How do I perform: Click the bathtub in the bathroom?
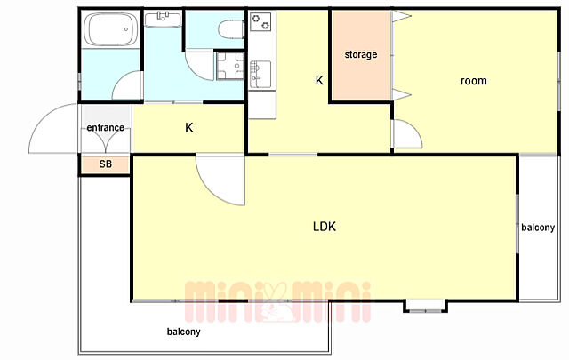(x=110, y=29)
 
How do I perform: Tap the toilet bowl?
(x=231, y=29)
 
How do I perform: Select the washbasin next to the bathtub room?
(x=163, y=19)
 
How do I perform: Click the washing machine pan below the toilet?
(x=230, y=66)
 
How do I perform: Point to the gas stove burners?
(x=261, y=21)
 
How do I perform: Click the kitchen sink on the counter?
(x=260, y=75)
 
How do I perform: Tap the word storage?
(x=361, y=55)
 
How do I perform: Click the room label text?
(x=474, y=81)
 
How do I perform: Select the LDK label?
(x=325, y=227)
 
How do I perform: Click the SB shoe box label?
(x=106, y=164)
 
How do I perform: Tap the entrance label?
(x=106, y=127)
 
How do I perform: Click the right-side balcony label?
(x=538, y=228)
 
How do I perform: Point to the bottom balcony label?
(x=184, y=332)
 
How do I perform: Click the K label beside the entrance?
(x=189, y=128)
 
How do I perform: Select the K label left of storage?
(x=319, y=80)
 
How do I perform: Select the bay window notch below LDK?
(x=425, y=306)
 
